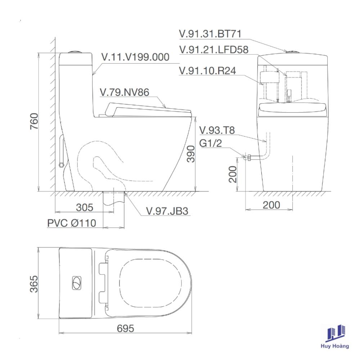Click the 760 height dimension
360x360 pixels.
(34, 121)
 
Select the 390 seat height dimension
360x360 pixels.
(191, 154)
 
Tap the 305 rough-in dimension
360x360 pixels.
(85, 207)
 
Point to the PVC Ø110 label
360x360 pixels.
(72, 223)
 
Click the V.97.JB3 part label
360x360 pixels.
(167, 211)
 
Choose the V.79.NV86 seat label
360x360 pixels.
(125, 92)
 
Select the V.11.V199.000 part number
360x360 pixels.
(135, 57)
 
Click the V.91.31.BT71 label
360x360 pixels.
(210, 34)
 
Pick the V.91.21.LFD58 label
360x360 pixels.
(214, 50)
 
